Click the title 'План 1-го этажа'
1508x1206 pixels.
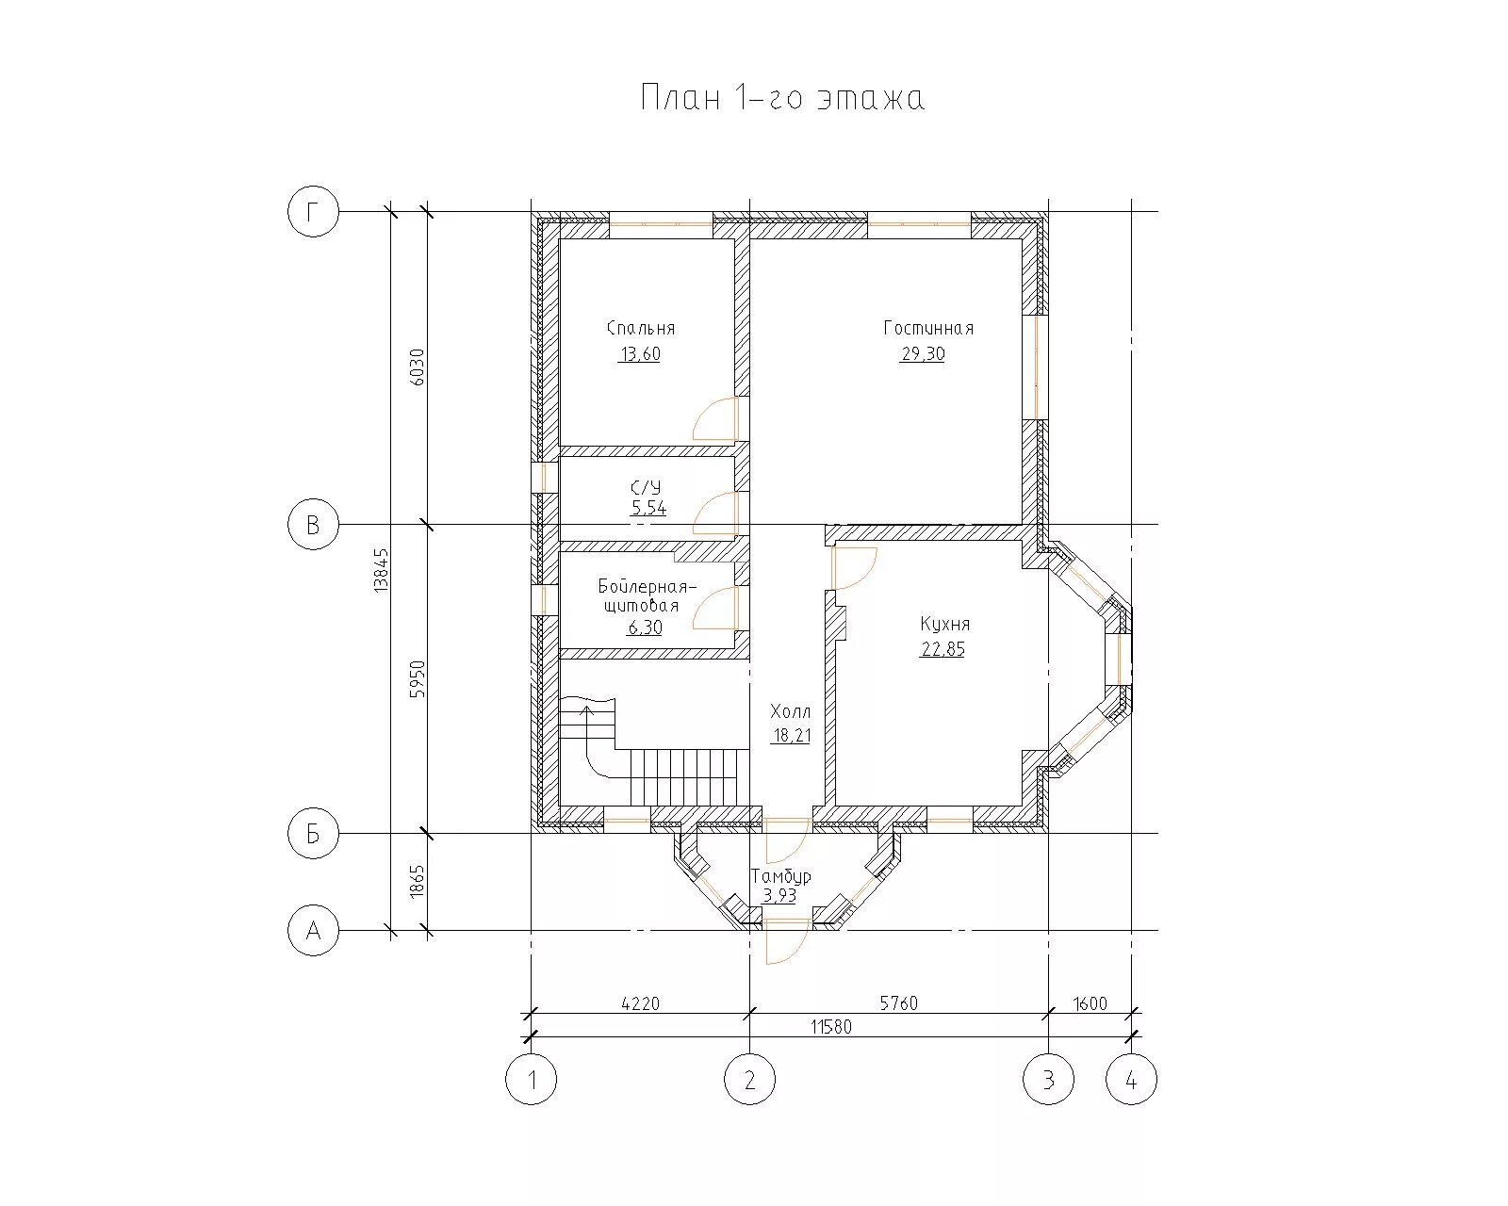click(782, 97)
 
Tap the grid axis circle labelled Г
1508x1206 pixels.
click(313, 212)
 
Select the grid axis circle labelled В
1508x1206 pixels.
click(313, 524)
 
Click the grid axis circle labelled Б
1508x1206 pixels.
click(313, 834)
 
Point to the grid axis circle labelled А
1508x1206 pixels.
click(313, 931)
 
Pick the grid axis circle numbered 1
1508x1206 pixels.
click(532, 1080)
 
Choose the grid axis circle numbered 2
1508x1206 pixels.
click(750, 1080)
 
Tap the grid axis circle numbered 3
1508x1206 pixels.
click(1048, 1080)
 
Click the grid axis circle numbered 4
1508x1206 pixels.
click(1131, 1080)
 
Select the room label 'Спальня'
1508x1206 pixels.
click(641, 328)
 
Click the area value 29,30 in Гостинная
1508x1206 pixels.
click(923, 354)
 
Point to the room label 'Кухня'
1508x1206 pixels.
click(944, 624)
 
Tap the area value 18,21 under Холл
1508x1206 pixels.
click(791, 736)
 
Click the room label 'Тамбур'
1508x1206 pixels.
click(780, 876)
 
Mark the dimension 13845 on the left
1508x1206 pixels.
click(381, 571)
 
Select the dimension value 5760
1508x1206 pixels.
click(898, 1003)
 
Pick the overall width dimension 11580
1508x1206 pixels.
click(831, 1027)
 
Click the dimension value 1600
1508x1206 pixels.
click(1090, 1003)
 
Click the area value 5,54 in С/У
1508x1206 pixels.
click(648, 507)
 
